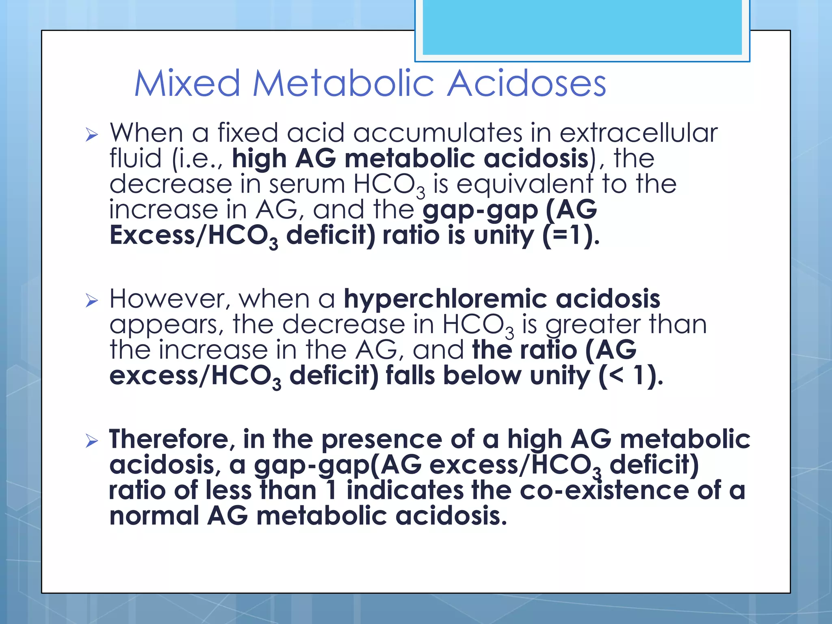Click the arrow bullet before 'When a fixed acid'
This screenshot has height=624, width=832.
(x=92, y=134)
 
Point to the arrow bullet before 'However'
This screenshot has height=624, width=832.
(x=92, y=301)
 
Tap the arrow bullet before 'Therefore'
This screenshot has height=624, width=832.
(x=92, y=441)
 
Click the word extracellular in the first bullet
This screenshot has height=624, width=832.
(x=639, y=133)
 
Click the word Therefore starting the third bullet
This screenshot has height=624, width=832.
(x=171, y=439)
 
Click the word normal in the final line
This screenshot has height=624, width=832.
(x=154, y=516)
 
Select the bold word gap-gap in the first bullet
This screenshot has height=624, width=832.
(x=480, y=210)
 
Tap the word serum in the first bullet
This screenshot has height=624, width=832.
(x=307, y=184)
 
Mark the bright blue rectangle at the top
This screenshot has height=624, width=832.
(x=582, y=28)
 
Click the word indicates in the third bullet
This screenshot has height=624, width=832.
(x=405, y=490)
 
